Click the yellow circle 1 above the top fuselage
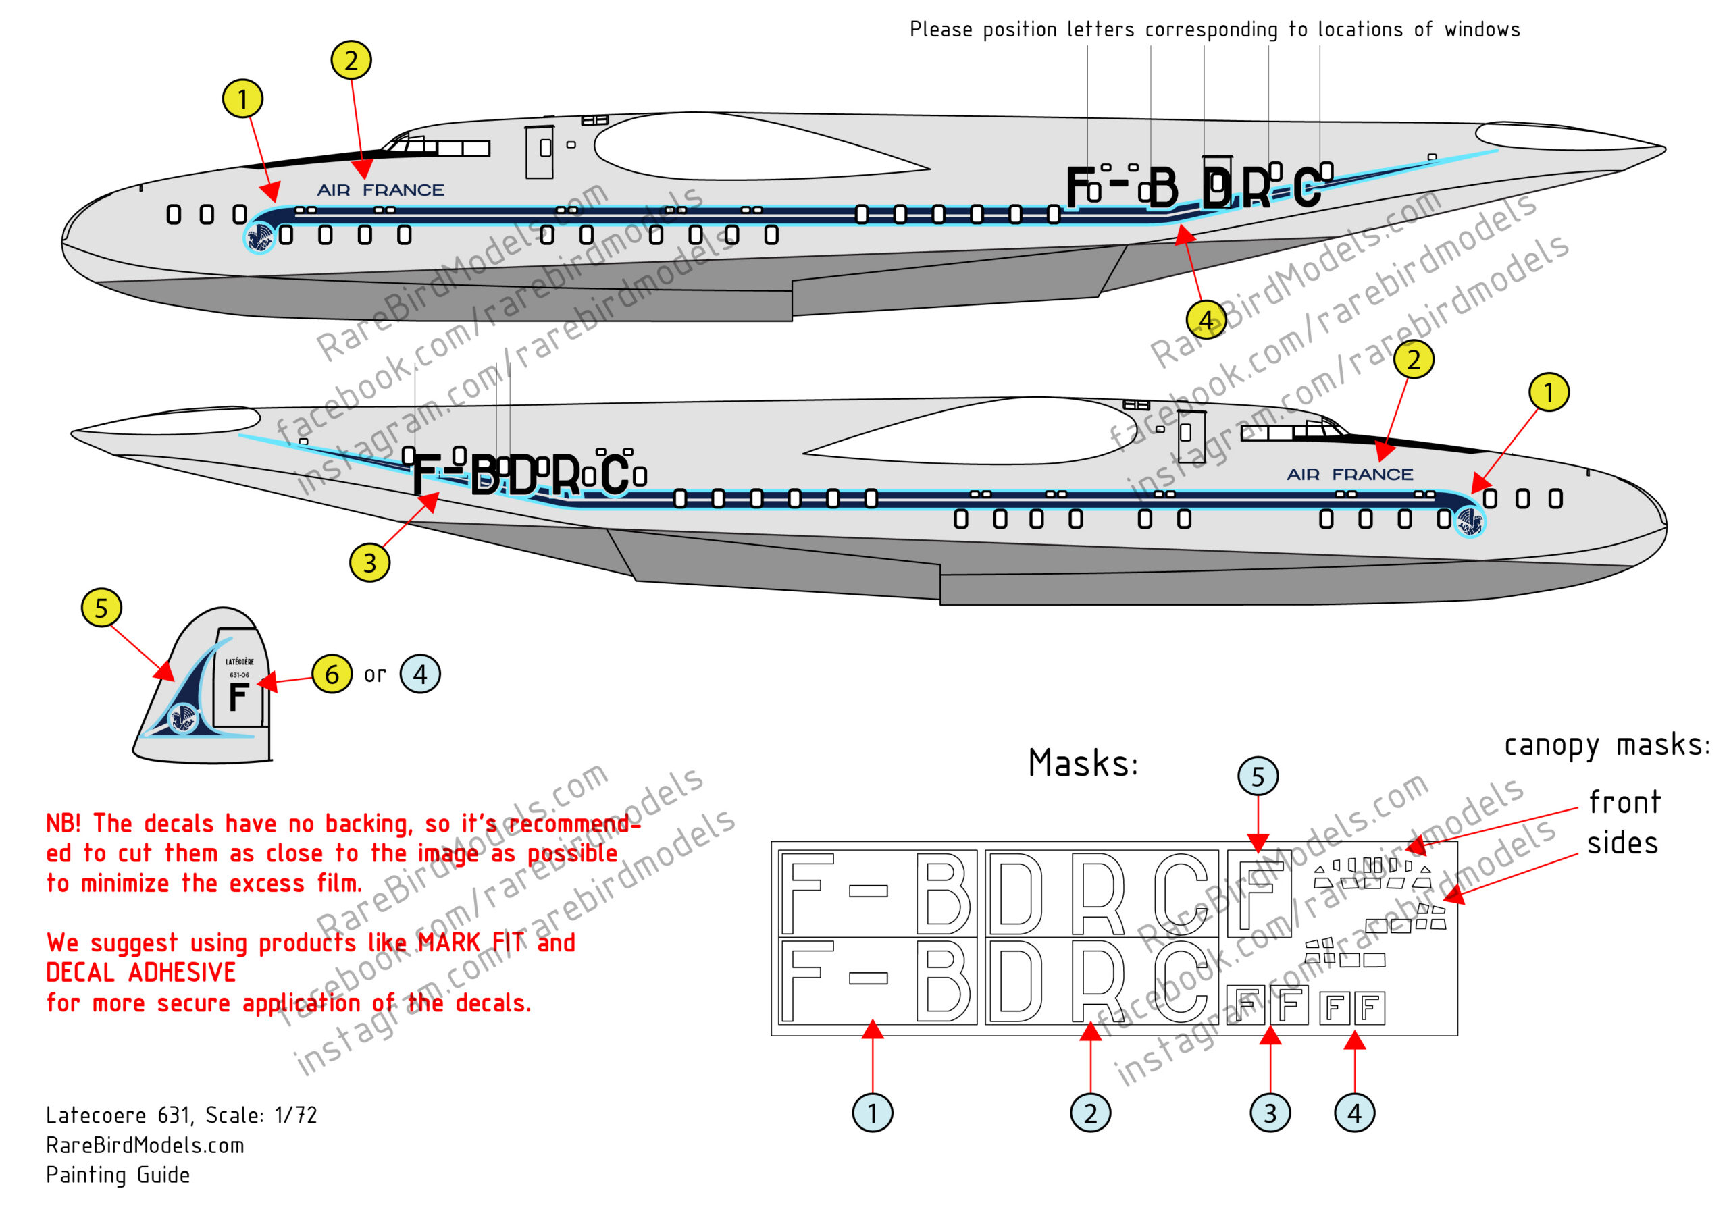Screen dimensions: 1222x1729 tap(242, 99)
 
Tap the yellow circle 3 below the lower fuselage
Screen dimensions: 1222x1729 tap(369, 562)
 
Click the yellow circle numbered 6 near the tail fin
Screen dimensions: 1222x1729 tap(332, 674)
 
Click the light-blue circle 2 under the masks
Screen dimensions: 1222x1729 tap(1089, 1113)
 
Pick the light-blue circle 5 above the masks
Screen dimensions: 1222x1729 tap(1258, 776)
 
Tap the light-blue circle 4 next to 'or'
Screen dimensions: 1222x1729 tap(419, 674)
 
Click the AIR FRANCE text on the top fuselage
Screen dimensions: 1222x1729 tap(380, 190)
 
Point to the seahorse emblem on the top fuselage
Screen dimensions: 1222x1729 tap(260, 238)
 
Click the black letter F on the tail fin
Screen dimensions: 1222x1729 tap(238, 697)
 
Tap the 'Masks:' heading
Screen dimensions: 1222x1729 tap(1083, 764)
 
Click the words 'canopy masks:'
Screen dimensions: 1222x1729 tap(1606, 745)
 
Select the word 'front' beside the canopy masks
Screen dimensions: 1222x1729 tap(1624, 803)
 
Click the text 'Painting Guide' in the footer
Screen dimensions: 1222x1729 tap(118, 1175)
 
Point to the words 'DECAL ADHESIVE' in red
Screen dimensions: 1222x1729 tap(141, 973)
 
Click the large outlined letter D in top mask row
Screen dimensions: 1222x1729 tap(1014, 893)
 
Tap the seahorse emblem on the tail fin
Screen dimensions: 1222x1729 tap(183, 718)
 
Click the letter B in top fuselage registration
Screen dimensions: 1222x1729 tap(1162, 188)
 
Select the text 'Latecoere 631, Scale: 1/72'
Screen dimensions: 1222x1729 tap(182, 1115)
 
